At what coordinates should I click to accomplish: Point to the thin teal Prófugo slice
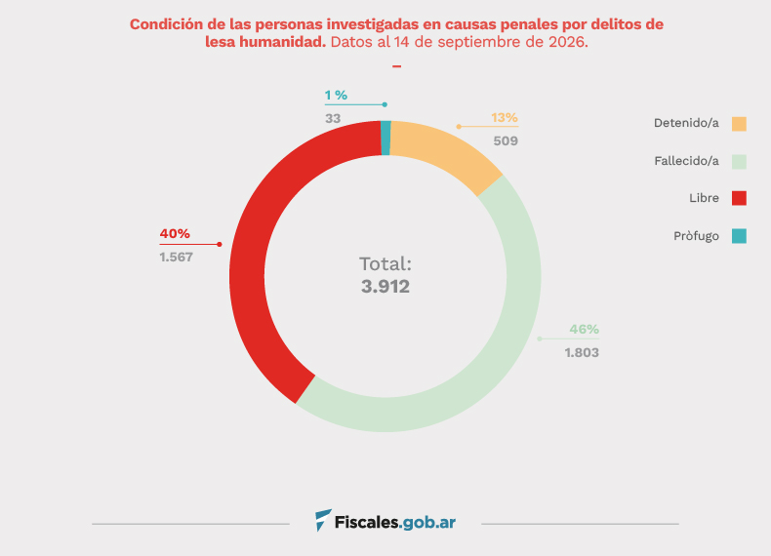coord(386,139)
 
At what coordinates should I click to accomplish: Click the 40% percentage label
coord(175,233)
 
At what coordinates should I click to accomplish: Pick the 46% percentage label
coord(585,329)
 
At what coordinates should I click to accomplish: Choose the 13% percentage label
coord(505,117)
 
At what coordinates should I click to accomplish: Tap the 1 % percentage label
coord(336,95)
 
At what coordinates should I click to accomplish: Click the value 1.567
coord(176,258)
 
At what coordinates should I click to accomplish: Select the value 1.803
coord(582,352)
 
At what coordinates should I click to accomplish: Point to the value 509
coord(506,141)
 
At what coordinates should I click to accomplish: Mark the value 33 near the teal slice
coord(333,118)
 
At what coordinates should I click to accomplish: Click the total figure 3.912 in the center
coord(385,286)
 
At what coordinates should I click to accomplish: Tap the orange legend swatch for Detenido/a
coord(739,124)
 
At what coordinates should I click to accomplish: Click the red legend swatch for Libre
coord(739,198)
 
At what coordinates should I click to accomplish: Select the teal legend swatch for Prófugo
coord(739,236)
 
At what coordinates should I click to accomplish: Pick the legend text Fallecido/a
coord(686,161)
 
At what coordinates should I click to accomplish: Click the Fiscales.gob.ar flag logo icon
coord(323,520)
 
